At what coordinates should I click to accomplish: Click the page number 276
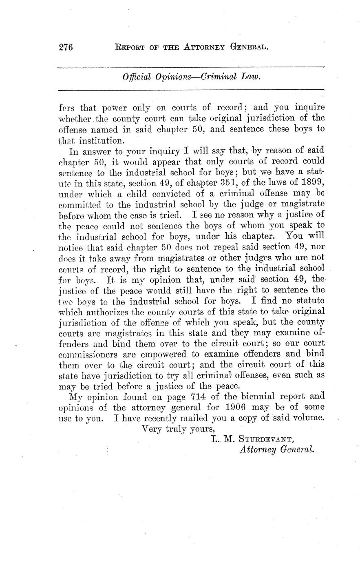(x=65, y=47)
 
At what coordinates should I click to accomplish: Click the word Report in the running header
(x=130, y=47)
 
